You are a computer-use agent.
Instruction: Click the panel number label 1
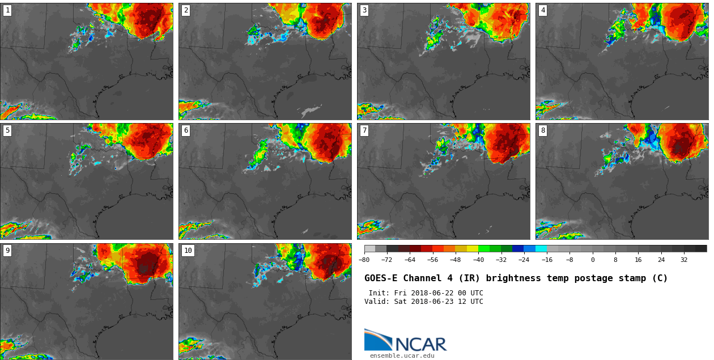7,10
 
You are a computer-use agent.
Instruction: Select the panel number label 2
186,10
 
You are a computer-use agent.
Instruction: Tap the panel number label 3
364,10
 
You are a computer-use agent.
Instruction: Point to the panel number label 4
543,10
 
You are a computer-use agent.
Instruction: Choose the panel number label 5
7,130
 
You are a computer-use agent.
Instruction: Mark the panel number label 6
186,130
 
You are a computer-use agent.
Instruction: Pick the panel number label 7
364,130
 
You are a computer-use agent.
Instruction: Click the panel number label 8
543,130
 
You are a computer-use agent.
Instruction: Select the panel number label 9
7,251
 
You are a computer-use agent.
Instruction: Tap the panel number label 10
188,251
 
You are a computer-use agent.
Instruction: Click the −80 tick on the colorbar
364,260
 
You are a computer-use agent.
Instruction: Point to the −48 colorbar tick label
455,260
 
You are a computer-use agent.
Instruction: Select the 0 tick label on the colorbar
593,260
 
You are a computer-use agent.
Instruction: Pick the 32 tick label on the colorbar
684,260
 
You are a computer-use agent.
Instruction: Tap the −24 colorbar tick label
524,260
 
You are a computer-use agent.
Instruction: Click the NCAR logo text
420,344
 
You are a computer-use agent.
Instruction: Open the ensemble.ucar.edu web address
402,356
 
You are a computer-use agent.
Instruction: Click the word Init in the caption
378,293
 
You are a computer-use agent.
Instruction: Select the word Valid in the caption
376,302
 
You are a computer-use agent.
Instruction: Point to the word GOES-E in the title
380,278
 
